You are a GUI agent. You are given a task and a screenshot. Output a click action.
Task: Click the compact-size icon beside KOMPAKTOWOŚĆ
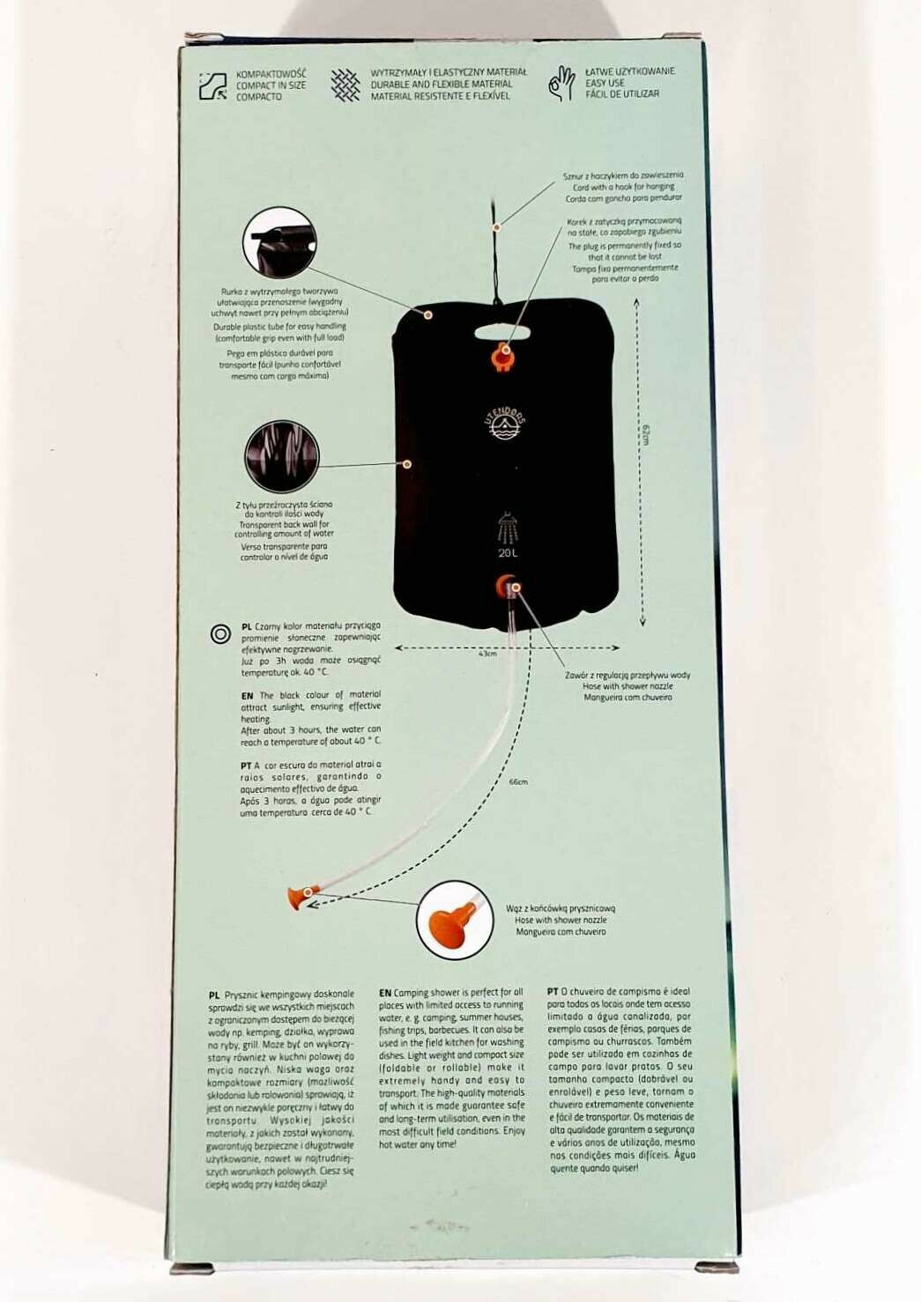213,85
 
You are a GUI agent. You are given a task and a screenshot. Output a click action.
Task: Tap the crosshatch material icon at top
345,85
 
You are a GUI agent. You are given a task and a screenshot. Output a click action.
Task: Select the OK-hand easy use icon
561,84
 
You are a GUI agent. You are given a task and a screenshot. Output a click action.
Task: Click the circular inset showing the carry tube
279,242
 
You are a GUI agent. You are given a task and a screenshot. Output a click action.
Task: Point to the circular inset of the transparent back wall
281,456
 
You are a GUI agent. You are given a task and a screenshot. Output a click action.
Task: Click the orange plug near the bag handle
503,355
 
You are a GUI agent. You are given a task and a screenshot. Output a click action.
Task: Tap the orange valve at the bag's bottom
507,585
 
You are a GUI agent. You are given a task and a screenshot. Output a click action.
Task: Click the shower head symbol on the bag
508,528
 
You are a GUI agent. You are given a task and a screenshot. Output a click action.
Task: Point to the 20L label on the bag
508,553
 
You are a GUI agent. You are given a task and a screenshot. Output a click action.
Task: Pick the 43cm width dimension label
487,654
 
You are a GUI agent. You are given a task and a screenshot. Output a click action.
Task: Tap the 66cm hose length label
518,781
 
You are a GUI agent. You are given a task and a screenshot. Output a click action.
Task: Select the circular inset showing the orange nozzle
455,920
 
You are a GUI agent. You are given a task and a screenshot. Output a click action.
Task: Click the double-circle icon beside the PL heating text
220,633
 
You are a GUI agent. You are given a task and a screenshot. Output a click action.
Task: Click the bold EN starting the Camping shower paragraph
385,992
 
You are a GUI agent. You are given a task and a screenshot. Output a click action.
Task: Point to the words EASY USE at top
605,83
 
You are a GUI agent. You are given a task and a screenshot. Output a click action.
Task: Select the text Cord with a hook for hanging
623,187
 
